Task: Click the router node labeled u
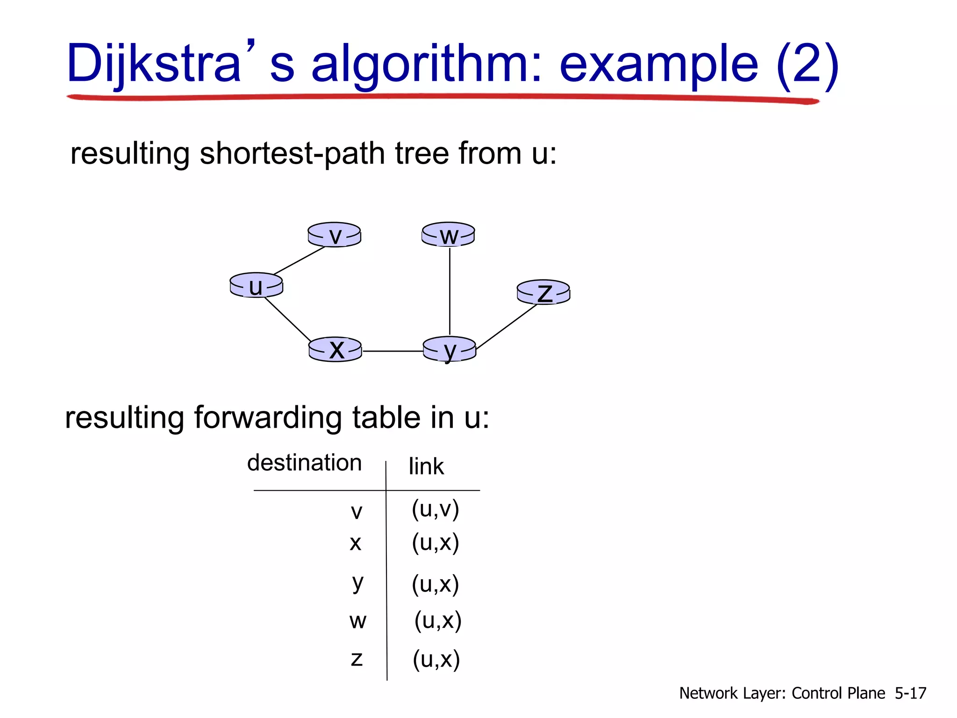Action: (x=256, y=285)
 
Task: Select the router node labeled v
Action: (x=334, y=235)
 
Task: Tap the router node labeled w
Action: (x=448, y=235)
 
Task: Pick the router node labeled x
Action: (x=335, y=349)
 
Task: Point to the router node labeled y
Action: (x=449, y=349)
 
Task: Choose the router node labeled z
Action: (x=543, y=293)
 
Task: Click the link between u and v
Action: (x=299, y=260)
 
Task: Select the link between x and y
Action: (x=393, y=351)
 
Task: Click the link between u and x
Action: (x=287, y=319)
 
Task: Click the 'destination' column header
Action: (x=304, y=463)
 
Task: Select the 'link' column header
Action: (x=426, y=467)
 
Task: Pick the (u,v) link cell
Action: (x=435, y=509)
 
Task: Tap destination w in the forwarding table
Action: (x=357, y=621)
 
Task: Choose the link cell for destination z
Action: (x=436, y=659)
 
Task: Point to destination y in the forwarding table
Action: (x=357, y=582)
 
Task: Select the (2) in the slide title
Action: (x=807, y=63)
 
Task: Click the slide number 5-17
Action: (x=910, y=693)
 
